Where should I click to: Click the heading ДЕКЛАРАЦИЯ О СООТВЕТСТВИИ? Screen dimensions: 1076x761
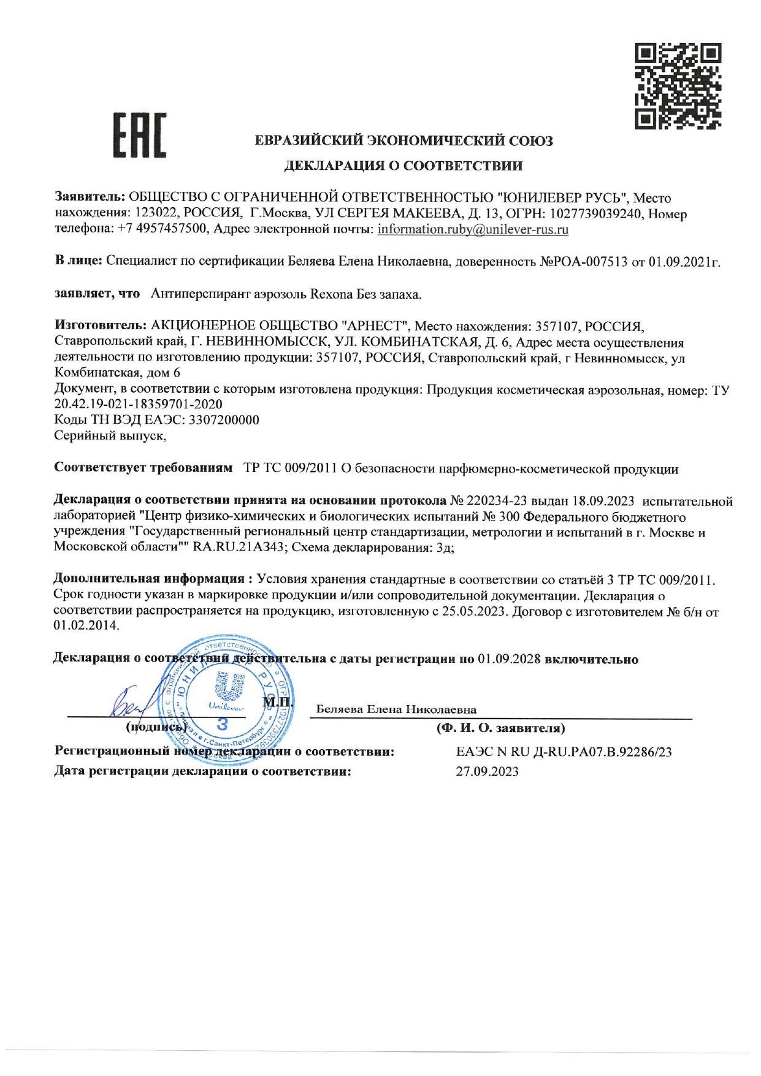click(x=403, y=166)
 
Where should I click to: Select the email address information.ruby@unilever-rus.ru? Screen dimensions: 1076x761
click(x=473, y=230)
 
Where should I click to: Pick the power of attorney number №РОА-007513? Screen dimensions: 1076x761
click(x=583, y=262)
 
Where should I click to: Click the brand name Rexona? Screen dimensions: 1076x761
click(x=331, y=294)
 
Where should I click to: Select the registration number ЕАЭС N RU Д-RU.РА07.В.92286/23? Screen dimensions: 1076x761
click(x=564, y=752)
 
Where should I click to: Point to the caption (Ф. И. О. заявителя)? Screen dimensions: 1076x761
click(x=500, y=728)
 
